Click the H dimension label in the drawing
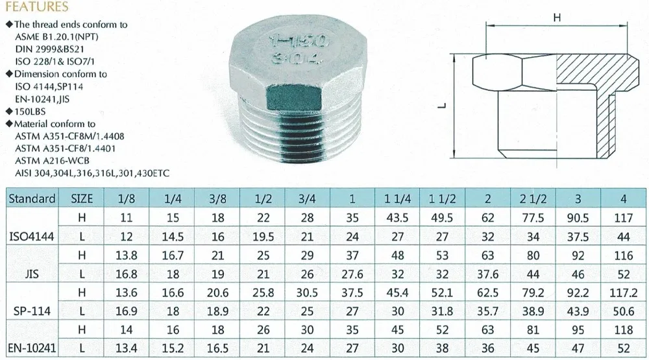[556, 19]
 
